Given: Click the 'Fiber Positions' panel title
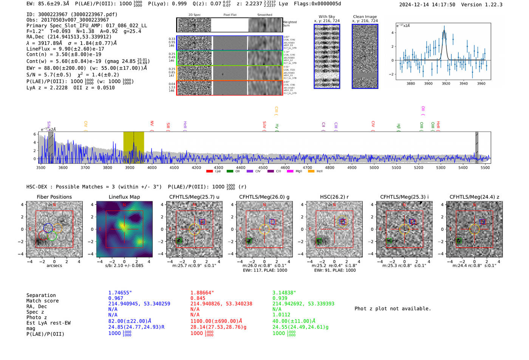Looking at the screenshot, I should [54, 197].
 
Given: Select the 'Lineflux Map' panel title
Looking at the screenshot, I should [124, 197].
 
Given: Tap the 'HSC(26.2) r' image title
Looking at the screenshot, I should [334, 197].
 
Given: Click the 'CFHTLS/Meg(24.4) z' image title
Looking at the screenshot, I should [474, 197].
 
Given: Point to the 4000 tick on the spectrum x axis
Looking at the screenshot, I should [152, 167].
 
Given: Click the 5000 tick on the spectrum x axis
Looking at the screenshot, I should [374, 167].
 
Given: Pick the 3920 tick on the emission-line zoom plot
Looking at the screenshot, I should [446, 83].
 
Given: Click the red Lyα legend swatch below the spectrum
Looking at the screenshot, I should [209, 172].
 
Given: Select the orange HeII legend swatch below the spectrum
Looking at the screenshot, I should [311, 172].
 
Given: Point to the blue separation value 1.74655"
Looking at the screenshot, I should [120, 293].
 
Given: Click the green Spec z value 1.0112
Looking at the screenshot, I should [282, 314].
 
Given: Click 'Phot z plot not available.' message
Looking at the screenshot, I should [393, 309].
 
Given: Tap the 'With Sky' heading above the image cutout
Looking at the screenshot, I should [327, 17].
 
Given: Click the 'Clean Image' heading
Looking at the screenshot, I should [365, 17].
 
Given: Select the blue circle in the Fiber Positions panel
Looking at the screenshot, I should [48, 228].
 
